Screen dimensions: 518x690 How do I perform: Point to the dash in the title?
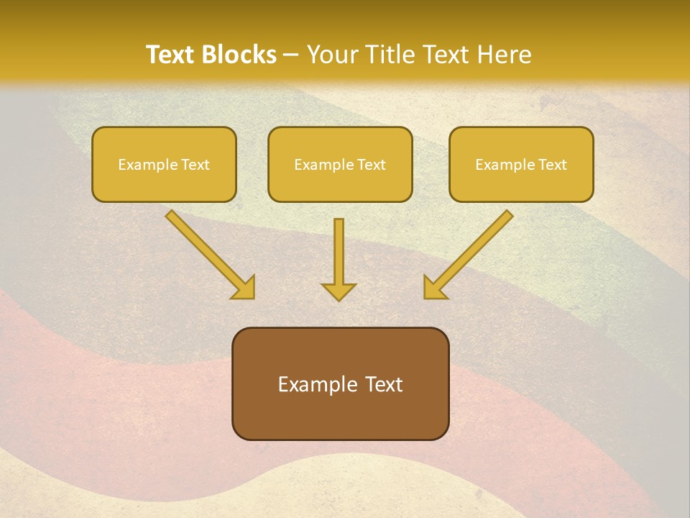pos(291,55)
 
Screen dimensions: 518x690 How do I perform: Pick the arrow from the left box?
pos(208,253)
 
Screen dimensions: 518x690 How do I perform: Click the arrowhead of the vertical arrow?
pos(339,291)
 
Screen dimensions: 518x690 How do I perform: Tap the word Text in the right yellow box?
pos(552,165)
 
